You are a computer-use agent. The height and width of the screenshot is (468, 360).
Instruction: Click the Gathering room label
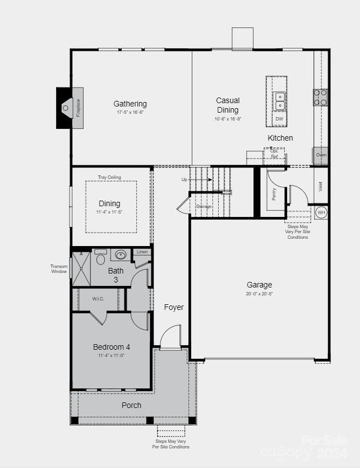130,104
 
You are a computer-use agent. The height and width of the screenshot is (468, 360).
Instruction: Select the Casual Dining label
228,105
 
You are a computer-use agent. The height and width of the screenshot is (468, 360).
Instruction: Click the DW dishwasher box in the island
279,119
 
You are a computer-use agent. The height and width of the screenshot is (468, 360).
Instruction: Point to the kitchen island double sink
279,101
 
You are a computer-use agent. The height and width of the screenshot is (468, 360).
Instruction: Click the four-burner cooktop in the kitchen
320,98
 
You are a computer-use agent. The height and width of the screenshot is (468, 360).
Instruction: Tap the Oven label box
321,155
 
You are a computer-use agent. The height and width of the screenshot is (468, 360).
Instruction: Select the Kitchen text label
280,138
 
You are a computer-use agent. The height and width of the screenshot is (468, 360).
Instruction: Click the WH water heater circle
321,212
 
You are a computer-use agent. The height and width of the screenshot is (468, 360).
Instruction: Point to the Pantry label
274,194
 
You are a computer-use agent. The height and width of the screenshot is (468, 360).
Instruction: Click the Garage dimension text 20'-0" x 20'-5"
259,294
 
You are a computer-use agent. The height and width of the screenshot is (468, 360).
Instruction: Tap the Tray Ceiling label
109,177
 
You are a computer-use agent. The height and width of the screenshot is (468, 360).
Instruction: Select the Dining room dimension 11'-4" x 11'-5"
109,212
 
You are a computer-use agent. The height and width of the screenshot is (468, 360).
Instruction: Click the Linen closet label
142,252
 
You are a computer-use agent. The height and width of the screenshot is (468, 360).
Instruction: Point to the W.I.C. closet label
98,299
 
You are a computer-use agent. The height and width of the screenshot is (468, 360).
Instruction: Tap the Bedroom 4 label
111,347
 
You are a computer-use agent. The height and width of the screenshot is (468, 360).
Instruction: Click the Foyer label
174,307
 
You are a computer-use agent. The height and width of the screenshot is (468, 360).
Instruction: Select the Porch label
131,405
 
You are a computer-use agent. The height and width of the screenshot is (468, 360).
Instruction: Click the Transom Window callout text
59,269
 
